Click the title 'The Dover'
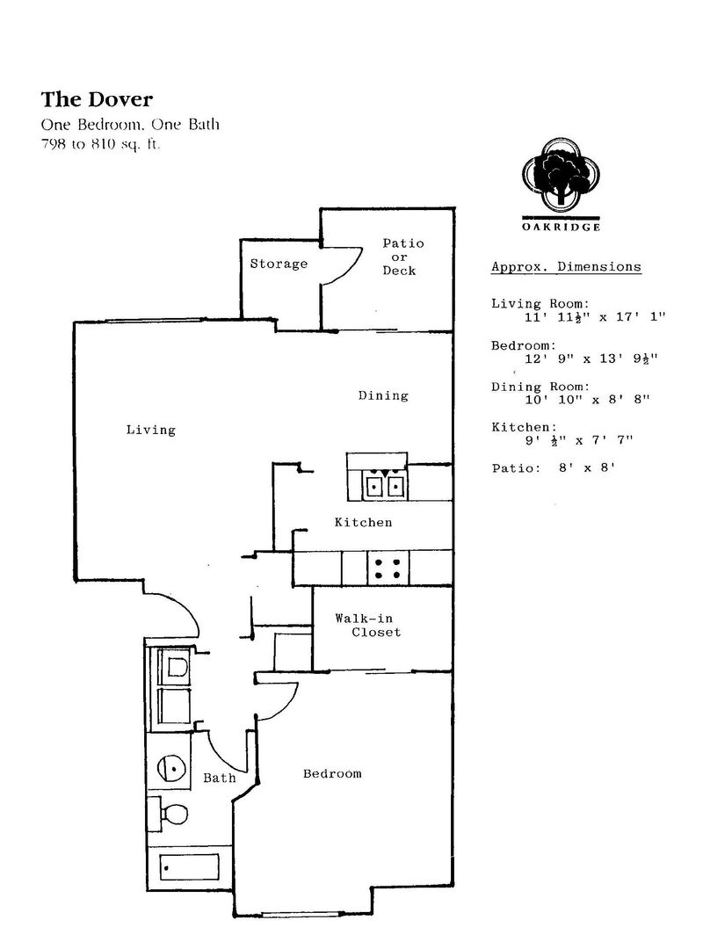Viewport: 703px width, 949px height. pos(97,99)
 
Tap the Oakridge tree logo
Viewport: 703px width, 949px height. pos(561,173)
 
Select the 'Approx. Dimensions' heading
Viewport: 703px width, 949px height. pos(566,267)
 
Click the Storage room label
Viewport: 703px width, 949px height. pos(279,264)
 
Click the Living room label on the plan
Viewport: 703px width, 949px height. pos(151,431)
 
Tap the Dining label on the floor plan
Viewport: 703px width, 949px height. pos(383,395)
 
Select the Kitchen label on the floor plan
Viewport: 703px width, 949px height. pos(363,522)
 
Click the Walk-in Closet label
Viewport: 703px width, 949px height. pos(367,626)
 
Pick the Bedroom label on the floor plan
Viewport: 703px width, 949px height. pos(332,773)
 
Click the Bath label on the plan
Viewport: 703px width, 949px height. pos(219,778)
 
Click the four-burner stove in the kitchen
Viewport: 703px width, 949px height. pos(388,568)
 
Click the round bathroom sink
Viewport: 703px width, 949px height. pos(170,767)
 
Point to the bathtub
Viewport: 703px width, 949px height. pos(190,867)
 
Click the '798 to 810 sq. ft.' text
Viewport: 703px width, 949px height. pos(100,145)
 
